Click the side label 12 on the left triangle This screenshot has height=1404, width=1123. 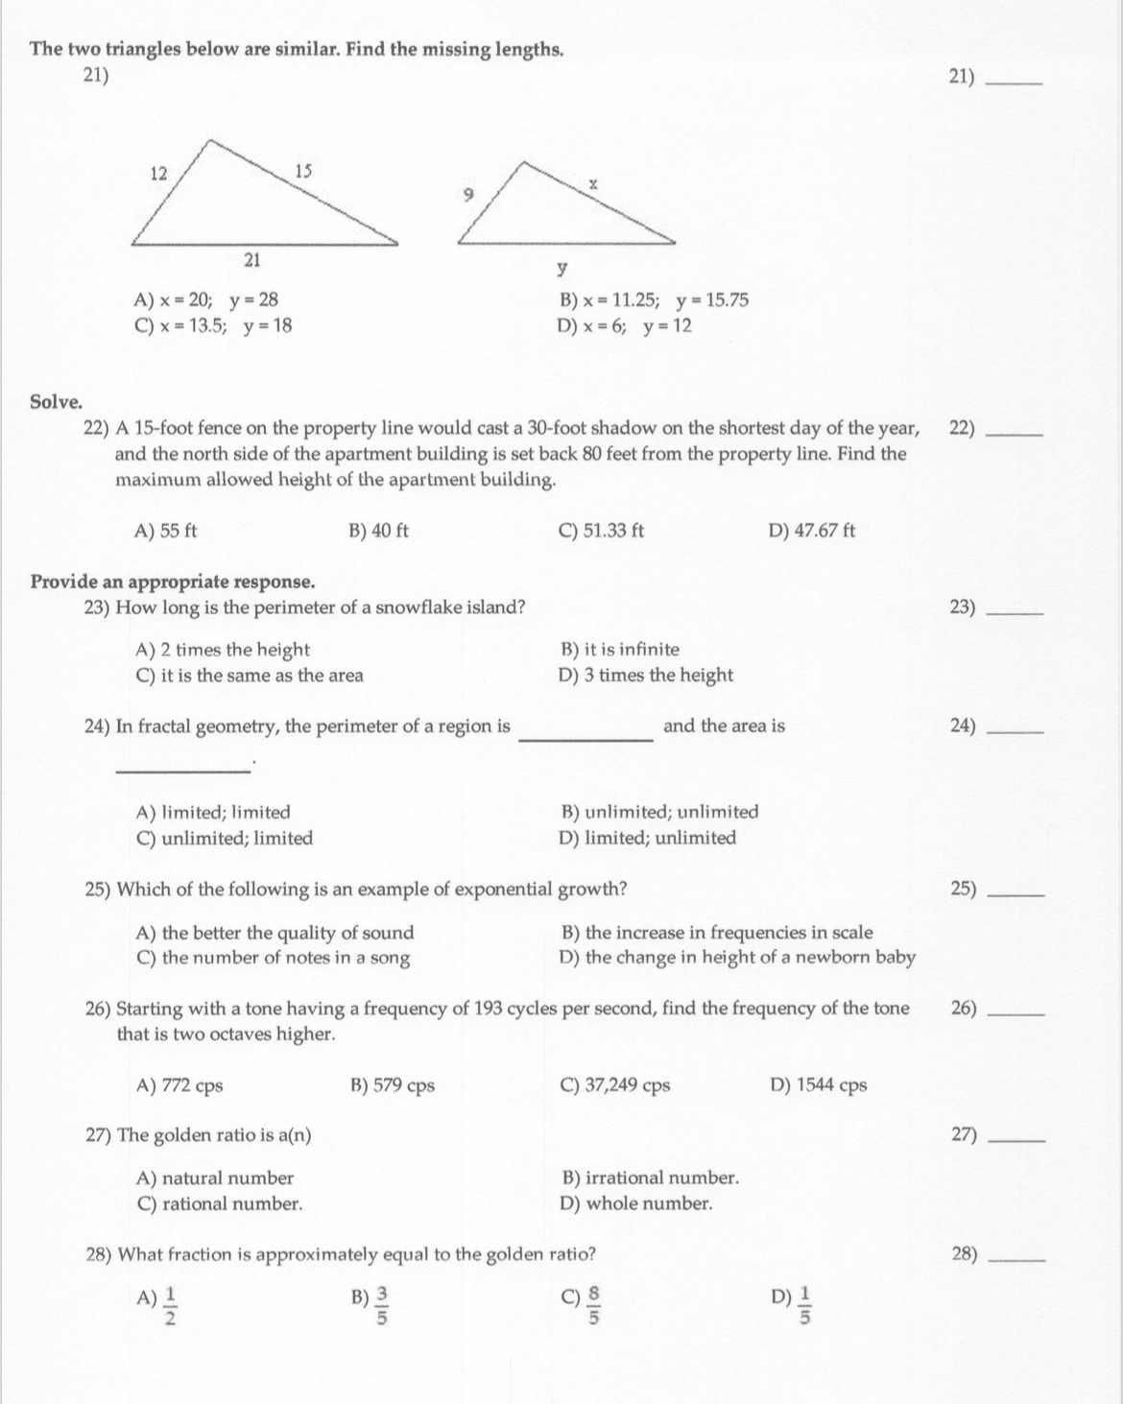[159, 174]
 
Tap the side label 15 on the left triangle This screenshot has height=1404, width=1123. [303, 172]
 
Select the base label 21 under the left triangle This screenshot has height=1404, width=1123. [253, 258]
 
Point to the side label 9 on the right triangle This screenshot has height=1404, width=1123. [468, 194]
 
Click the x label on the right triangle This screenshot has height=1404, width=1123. [594, 181]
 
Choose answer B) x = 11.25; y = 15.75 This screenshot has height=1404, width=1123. [654, 300]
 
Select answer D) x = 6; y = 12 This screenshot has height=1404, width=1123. [625, 326]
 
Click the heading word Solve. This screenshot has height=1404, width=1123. [56, 401]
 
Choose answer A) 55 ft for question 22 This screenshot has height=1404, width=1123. [167, 530]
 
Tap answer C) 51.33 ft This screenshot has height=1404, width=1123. [601, 530]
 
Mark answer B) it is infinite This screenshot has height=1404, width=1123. [619, 650]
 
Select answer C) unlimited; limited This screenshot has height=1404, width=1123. [225, 839]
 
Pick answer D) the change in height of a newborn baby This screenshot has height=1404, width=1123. [737, 958]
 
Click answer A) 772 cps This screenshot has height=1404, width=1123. [180, 1085]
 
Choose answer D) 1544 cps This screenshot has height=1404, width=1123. [818, 1085]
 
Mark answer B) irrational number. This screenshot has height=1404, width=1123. [649, 1178]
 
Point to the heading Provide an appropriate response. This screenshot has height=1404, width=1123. [173, 582]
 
